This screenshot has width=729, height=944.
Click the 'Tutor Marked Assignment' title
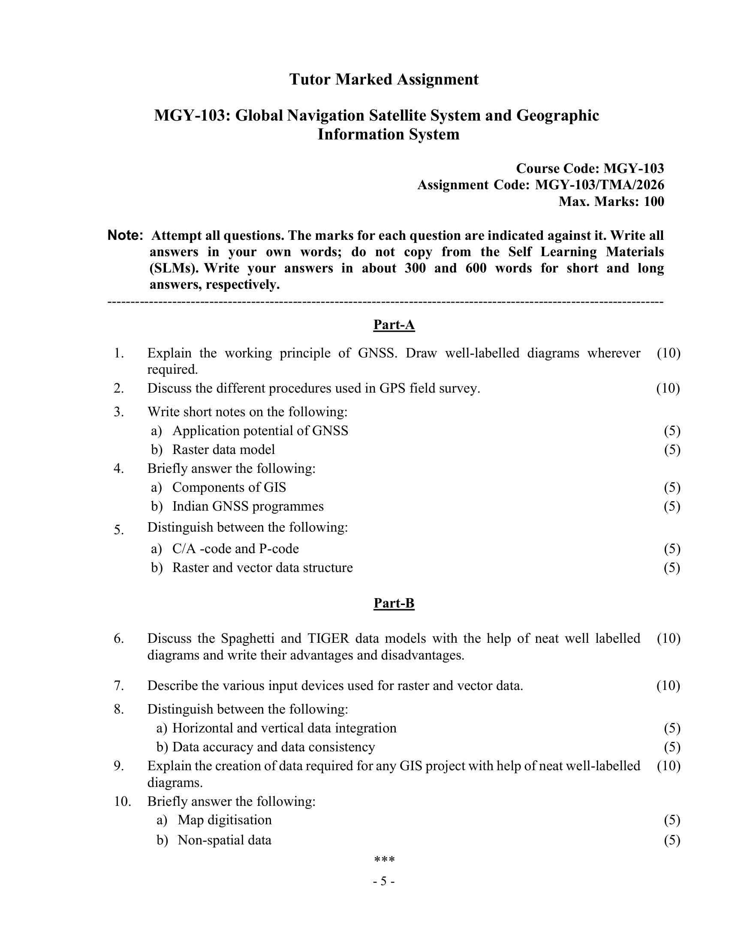(383, 79)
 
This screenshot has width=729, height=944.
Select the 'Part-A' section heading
(394, 325)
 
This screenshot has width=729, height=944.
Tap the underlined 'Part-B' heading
(394, 603)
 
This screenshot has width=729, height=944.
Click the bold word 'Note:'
(125, 236)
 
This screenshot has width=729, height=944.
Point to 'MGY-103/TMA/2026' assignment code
(599, 185)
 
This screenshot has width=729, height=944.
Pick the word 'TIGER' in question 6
(326, 638)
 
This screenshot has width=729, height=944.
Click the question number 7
(119, 686)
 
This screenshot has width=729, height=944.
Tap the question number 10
(123, 802)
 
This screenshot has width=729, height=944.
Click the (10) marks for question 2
(668, 388)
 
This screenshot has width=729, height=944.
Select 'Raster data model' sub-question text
(223, 450)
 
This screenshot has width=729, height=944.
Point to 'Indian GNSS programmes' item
(248, 506)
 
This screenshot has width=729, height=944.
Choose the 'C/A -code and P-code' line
(235, 548)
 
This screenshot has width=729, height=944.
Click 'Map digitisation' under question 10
(225, 820)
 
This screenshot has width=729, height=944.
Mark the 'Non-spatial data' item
(225, 840)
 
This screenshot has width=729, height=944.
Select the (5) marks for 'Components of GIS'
(672, 487)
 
